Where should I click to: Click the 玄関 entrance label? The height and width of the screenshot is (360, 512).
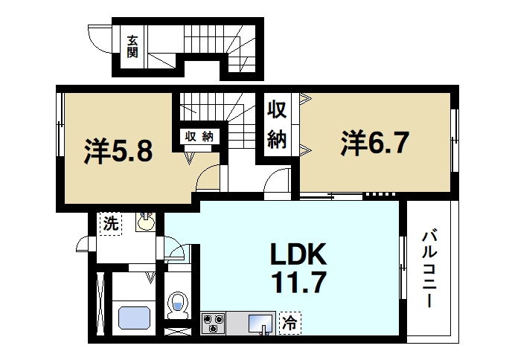132,46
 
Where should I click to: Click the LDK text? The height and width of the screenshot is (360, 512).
298,254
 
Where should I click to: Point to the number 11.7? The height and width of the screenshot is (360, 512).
298,283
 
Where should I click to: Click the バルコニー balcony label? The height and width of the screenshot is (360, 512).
430,269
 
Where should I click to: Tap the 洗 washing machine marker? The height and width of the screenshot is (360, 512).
111,224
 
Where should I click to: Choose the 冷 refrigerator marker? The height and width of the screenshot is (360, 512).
290,323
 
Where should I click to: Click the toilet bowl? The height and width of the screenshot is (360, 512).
178,306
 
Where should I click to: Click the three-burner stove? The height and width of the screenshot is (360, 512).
214,323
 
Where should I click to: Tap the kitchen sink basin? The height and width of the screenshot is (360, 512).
260,324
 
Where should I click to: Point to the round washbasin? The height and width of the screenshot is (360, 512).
146,222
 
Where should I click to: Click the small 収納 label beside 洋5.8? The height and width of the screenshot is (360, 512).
199,137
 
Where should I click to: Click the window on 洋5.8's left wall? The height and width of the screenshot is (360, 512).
60,125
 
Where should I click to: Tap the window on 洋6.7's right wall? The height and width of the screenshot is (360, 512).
454,141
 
